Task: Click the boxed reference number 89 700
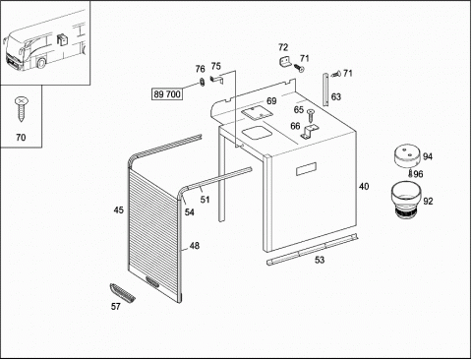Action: point(167,94)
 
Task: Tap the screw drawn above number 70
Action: point(21,109)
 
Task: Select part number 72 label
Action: point(283,47)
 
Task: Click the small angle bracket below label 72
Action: point(286,62)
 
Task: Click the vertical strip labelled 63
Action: point(325,90)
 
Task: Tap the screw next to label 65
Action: point(310,115)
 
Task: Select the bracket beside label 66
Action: point(309,131)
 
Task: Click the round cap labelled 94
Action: point(407,155)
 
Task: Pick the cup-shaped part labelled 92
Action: point(405,199)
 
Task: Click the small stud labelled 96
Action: point(410,173)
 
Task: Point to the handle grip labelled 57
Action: point(122,292)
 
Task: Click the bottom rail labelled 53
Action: point(312,249)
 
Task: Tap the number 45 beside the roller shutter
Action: point(119,210)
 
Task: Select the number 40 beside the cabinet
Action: point(364,187)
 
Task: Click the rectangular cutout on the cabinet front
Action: point(307,168)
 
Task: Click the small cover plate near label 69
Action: point(258,112)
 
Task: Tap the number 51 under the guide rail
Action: point(205,200)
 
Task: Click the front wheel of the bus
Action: point(41,63)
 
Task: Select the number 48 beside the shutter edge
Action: point(195,246)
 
